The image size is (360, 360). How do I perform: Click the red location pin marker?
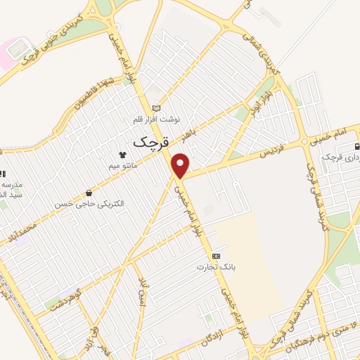(181, 166)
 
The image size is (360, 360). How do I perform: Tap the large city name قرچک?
(151, 139)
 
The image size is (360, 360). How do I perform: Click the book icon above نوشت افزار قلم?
(156, 108)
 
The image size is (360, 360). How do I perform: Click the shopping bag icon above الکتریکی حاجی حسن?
(89, 192)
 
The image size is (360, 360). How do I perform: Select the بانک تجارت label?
(216, 267)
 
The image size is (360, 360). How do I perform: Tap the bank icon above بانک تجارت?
(216, 256)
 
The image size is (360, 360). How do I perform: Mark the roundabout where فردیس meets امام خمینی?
(305, 141)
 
